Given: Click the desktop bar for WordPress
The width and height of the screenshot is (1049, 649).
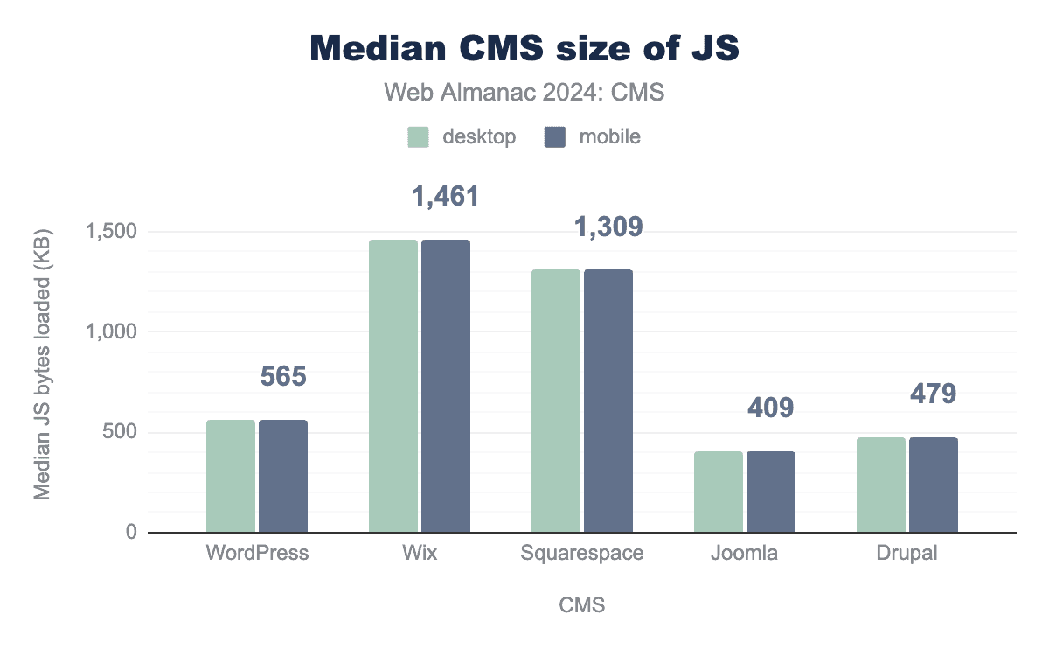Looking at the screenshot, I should (231, 476).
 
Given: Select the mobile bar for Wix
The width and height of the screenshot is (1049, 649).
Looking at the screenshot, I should (446, 386).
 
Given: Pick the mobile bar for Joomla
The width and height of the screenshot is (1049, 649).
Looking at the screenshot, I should (771, 492).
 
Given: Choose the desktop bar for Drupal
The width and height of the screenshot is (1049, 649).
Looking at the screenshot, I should (881, 485).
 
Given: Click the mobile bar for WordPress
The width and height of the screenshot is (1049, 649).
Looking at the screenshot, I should (283, 476).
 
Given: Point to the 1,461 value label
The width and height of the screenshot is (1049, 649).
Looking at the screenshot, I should (446, 197).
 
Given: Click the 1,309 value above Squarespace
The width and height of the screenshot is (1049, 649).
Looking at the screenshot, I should (608, 227).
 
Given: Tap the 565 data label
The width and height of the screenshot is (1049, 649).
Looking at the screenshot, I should (283, 377).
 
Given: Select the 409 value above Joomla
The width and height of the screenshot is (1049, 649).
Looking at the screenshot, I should (771, 408).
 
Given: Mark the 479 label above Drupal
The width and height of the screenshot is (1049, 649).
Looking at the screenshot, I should (934, 394).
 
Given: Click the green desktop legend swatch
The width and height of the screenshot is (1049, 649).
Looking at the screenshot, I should (418, 137).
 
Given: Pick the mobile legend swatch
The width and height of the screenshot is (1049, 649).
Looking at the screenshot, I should (555, 137).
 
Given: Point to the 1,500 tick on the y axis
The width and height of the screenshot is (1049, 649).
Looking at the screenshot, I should (112, 232).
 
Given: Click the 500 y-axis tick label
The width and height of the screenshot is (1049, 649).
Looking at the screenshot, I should (121, 432).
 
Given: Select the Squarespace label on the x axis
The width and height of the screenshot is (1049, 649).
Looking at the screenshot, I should (582, 554).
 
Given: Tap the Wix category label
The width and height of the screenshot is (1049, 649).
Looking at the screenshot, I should (420, 554).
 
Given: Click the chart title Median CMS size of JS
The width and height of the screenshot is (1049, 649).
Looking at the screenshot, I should (524, 49).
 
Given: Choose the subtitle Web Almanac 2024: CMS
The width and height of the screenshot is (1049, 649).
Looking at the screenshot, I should (524, 92).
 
